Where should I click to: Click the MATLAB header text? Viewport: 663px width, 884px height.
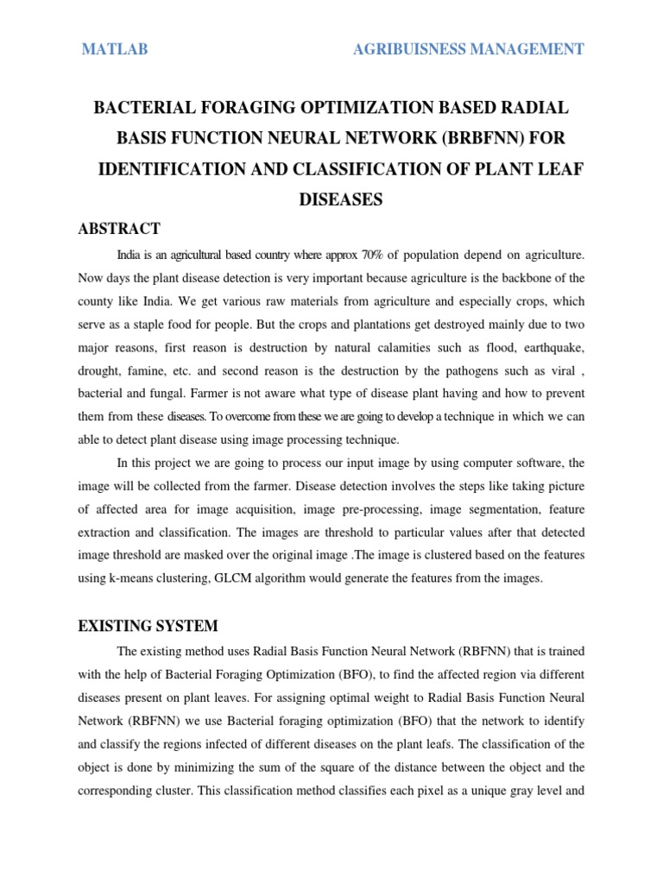pos(114,49)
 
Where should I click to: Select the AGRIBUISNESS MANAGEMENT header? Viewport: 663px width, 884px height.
pos(468,49)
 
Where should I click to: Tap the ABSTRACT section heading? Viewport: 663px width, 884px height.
pos(118,229)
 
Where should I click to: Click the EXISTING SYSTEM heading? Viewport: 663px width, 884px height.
pos(148,625)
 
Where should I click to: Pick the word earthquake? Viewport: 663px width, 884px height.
pos(548,347)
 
